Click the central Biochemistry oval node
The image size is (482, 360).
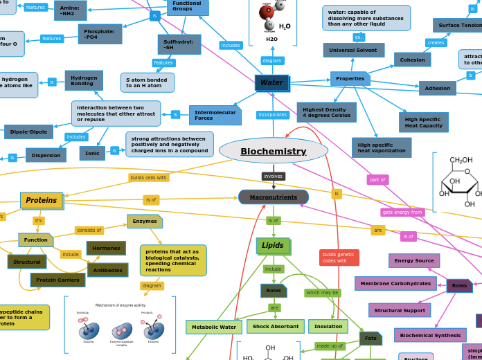pyautogui.click(x=273, y=151)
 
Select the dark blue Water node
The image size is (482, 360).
pyautogui.click(x=271, y=83)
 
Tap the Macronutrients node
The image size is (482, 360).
pyautogui.click(x=274, y=197)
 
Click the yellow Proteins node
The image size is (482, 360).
pyautogui.click(x=42, y=201)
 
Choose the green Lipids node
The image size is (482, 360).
pyautogui.click(x=273, y=246)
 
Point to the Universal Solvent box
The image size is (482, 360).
pyautogui.click(x=353, y=51)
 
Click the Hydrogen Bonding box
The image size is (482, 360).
pyautogui.click(x=84, y=80)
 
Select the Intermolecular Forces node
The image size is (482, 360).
pyautogui.click(x=215, y=115)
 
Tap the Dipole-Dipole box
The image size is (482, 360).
pyautogui.click(x=28, y=132)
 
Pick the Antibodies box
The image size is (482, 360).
pyautogui.click(x=107, y=270)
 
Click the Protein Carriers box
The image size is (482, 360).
pyautogui.click(x=57, y=280)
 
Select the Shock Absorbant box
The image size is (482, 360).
pyautogui.click(x=275, y=326)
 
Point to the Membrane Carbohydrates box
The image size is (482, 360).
pyautogui.click(x=395, y=283)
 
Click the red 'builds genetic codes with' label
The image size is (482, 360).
pyautogui.click(x=339, y=258)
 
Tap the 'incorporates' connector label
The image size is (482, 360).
pyautogui.click(x=272, y=115)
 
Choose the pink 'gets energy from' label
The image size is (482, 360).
pyautogui.click(x=402, y=213)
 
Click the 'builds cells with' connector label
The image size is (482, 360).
pyautogui.click(x=148, y=178)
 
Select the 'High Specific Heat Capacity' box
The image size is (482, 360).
pyautogui.click(x=423, y=123)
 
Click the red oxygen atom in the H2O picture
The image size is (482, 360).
pyautogui.click(x=267, y=12)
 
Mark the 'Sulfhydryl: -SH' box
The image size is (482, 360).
pyautogui.click(x=179, y=44)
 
